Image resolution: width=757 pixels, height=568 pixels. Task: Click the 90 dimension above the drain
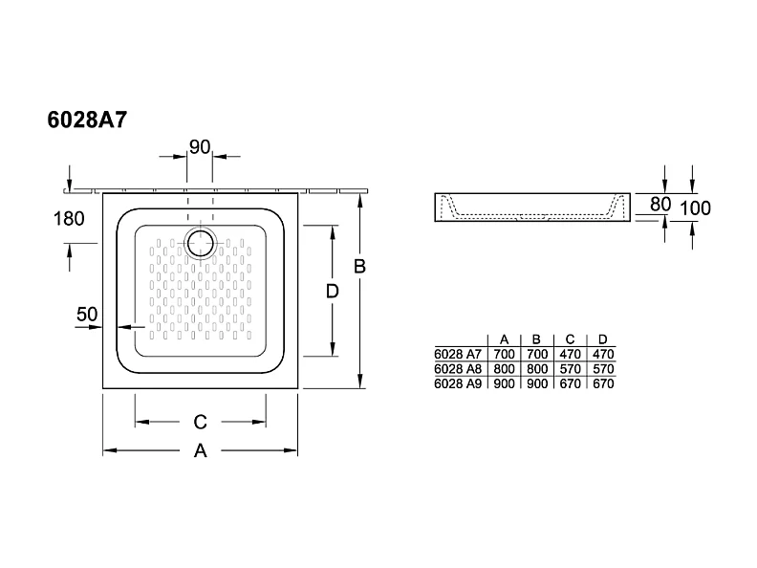200,146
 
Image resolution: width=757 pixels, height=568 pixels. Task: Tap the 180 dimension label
70,218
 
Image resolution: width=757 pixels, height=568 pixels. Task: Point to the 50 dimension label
87,314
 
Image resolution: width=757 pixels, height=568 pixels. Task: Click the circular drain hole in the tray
202,243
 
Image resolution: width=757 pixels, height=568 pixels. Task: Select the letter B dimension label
359,267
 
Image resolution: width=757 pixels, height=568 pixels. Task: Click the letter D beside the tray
332,292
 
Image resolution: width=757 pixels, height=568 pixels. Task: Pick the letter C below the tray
200,421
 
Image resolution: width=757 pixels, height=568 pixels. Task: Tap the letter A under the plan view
200,451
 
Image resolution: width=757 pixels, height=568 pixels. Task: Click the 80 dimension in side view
659,205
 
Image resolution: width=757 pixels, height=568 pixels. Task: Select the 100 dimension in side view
695,208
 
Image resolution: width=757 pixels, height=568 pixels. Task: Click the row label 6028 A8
458,368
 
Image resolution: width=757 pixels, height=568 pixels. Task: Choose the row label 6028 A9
458,383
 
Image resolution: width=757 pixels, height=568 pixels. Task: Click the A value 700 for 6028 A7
504,354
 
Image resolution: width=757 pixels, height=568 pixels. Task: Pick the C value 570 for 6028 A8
570,368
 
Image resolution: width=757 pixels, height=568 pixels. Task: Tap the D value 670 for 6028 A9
602,383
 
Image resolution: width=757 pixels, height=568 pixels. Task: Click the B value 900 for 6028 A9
536,383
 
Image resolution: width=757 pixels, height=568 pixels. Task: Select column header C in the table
570,339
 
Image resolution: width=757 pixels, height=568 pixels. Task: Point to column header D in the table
602,339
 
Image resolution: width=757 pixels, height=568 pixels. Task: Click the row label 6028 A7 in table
458,354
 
